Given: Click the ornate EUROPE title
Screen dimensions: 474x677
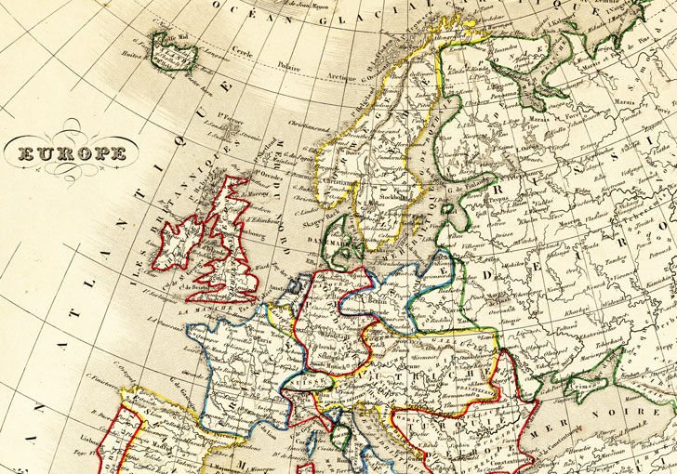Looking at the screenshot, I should (70, 153).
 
